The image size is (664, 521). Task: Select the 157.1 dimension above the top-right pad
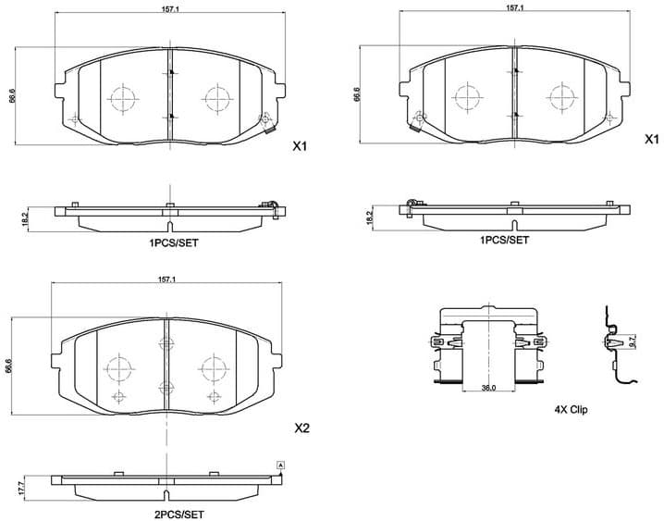515,8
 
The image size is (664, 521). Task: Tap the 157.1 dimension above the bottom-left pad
166,279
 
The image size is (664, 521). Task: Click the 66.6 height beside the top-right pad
356,95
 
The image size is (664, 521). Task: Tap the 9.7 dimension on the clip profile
633,341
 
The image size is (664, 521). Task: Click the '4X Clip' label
571,408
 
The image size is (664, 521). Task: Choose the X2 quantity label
301,428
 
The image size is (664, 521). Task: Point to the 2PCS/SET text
178,514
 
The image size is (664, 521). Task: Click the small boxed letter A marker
281,464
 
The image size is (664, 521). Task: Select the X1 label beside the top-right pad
650,140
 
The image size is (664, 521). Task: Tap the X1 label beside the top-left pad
300,146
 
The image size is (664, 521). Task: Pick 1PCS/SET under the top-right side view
504,240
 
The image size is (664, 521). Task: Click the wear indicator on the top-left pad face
266,118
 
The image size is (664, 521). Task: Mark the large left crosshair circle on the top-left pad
123,96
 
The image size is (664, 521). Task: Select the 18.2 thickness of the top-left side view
26,218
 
